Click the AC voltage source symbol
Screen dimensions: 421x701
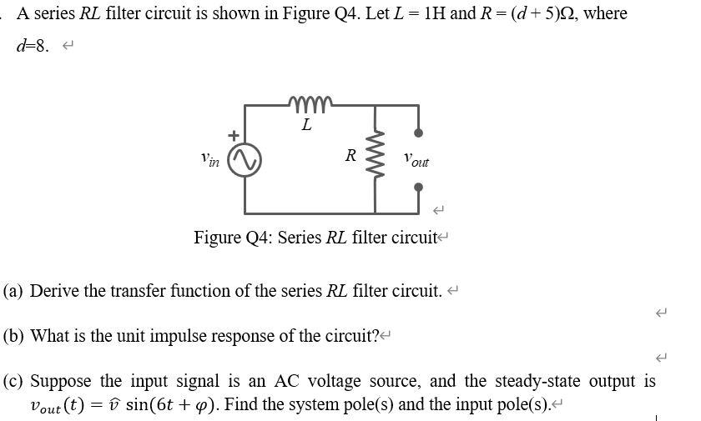click(245, 160)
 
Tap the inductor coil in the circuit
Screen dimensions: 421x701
click(310, 104)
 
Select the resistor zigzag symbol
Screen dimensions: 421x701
click(376, 158)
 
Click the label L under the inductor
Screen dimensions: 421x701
click(306, 125)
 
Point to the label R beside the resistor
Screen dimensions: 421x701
click(351, 155)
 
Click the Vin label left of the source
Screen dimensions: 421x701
click(210, 157)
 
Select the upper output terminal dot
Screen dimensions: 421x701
click(418, 133)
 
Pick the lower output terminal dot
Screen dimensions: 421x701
click(418, 186)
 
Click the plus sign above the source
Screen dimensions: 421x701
click(235, 134)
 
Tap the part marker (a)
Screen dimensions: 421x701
click(13, 291)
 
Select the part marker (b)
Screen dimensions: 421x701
click(13, 336)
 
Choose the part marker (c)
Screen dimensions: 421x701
click(13, 381)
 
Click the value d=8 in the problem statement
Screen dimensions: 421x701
click(33, 46)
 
